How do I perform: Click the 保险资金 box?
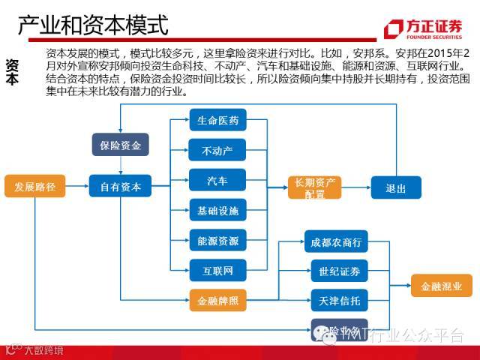(120, 145)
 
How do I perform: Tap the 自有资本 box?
(120, 186)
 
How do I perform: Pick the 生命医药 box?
(217, 121)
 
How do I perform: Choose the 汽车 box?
(217, 181)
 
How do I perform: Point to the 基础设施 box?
(217, 211)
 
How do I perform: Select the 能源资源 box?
(217, 241)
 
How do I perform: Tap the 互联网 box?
(217, 270)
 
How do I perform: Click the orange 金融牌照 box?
(217, 301)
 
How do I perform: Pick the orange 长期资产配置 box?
(314, 187)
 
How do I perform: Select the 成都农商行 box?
(336, 241)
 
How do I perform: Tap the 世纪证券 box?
(336, 271)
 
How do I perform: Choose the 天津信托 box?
(336, 301)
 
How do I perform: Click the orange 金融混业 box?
(442, 285)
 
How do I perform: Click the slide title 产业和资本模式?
(92, 28)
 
